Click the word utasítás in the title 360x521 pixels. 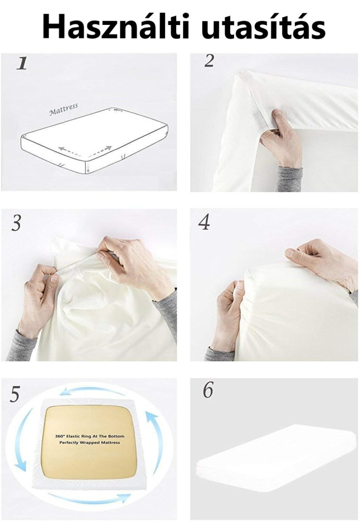pyautogui.click(x=263, y=27)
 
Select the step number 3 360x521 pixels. pyautogui.click(x=16, y=222)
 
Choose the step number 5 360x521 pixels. pyautogui.click(x=15, y=394)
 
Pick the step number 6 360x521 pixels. pyautogui.click(x=208, y=390)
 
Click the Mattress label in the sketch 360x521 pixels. pyautogui.click(x=64, y=109)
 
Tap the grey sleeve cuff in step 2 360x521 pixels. pyautogui.click(x=289, y=179)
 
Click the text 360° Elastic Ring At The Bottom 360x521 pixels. pyautogui.click(x=90, y=436)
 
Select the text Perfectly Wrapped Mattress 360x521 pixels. pyautogui.click(x=90, y=443)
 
